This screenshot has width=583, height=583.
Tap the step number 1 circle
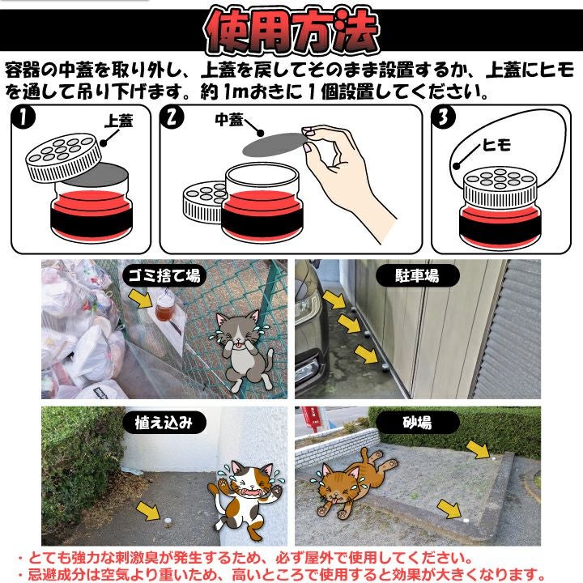pos(23,117)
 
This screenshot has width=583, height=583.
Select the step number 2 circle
pos(172,117)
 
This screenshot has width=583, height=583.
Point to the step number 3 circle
pos(443,117)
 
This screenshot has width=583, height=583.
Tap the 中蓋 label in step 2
pos(228,120)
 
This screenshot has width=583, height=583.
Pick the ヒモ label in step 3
pos(496,145)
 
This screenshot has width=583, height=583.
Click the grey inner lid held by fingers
pos(274,144)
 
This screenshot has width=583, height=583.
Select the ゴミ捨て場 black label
pos(164,276)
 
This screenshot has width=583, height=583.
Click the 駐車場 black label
pos(417,276)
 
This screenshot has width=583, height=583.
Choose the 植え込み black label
pos(164,423)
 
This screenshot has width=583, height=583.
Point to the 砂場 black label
pos(417,423)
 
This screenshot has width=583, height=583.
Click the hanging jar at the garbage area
pos(164,307)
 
